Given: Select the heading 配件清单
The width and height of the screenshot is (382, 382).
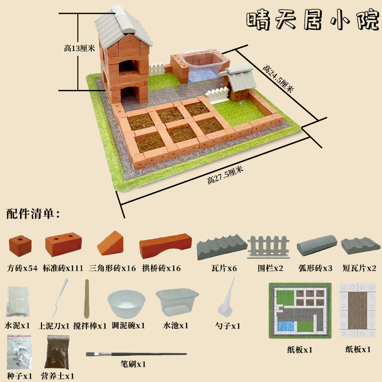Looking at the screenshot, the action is point(32,213).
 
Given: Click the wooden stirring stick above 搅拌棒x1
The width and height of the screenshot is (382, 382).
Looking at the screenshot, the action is point(87,299).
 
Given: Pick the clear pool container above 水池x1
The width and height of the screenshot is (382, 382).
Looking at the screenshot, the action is point(177,303).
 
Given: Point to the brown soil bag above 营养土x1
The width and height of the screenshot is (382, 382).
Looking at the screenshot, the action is point(57,352).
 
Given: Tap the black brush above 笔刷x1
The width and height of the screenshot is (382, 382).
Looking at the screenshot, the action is point(136,354).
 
